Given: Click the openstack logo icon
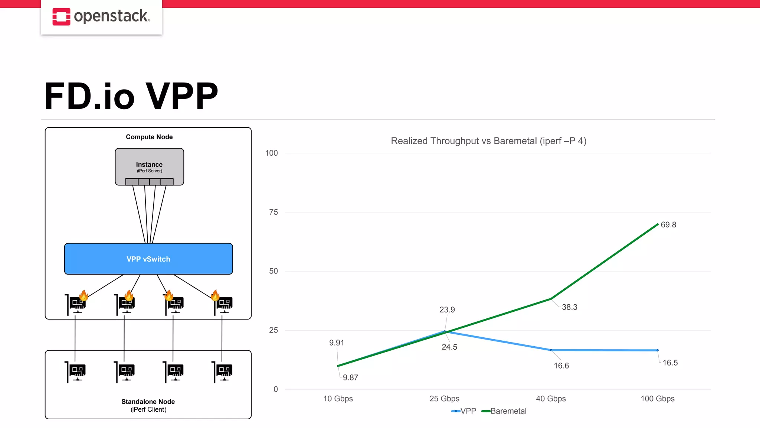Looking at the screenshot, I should pyautogui.click(x=61, y=17).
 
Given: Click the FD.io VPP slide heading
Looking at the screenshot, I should pyautogui.click(x=131, y=96).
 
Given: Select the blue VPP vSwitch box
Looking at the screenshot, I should pyautogui.click(x=148, y=259).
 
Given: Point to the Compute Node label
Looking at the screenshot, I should pyautogui.click(x=149, y=137).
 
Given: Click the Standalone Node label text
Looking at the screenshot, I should pyautogui.click(x=148, y=402).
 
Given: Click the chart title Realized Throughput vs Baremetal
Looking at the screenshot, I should pyautogui.click(x=488, y=141).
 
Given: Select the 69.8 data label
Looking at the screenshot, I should pyautogui.click(x=668, y=225).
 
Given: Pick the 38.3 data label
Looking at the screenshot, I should pyautogui.click(x=569, y=307).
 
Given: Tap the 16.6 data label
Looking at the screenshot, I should pyautogui.click(x=561, y=366).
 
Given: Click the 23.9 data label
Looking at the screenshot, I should pyautogui.click(x=447, y=310).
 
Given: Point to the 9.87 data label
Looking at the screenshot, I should pyautogui.click(x=350, y=378).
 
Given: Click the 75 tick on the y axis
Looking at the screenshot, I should pyautogui.click(x=273, y=212).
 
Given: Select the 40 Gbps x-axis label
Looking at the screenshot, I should pyautogui.click(x=551, y=399).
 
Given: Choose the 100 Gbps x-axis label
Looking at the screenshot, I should pyautogui.click(x=657, y=399).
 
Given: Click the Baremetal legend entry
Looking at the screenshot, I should pyautogui.click(x=508, y=411).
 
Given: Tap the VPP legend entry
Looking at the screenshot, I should pyautogui.click(x=468, y=411).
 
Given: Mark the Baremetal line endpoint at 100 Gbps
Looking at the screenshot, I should pyautogui.click(x=657, y=224).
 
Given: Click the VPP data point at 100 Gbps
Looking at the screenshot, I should pyautogui.click(x=657, y=350).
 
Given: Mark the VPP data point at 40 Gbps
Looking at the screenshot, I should pyautogui.click(x=551, y=350).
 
